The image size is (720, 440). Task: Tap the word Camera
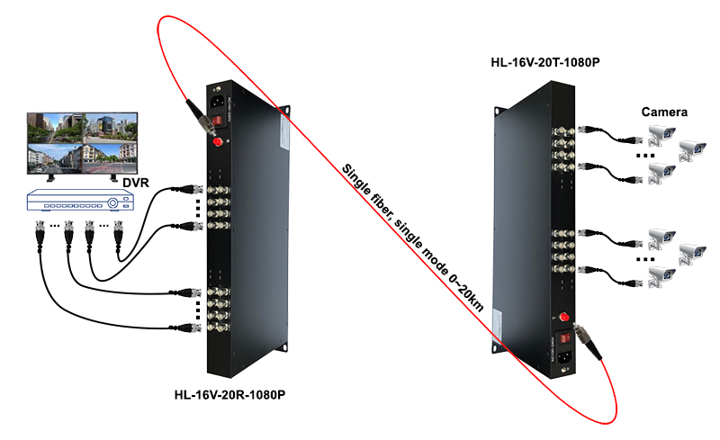tap(664, 112)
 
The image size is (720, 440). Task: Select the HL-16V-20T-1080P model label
tap(544, 63)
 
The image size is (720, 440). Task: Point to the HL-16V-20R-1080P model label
tap(229, 394)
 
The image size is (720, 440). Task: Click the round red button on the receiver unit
tap(217, 143)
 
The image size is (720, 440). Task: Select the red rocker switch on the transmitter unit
tap(563, 341)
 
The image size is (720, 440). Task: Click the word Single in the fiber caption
tap(355, 181)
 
